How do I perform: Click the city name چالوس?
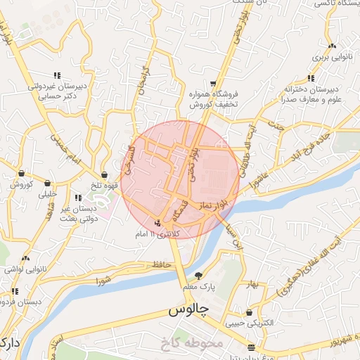(186, 310)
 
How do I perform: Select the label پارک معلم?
(198, 287)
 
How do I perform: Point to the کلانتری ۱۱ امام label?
(157, 233)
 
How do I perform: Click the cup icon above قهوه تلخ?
(105, 174)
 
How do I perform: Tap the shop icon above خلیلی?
(47, 183)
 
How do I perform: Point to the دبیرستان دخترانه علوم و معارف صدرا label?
(311, 94)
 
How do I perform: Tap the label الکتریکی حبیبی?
(248, 325)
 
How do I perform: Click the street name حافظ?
(162, 265)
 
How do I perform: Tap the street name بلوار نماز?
(212, 203)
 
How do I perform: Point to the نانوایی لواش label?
(24, 269)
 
